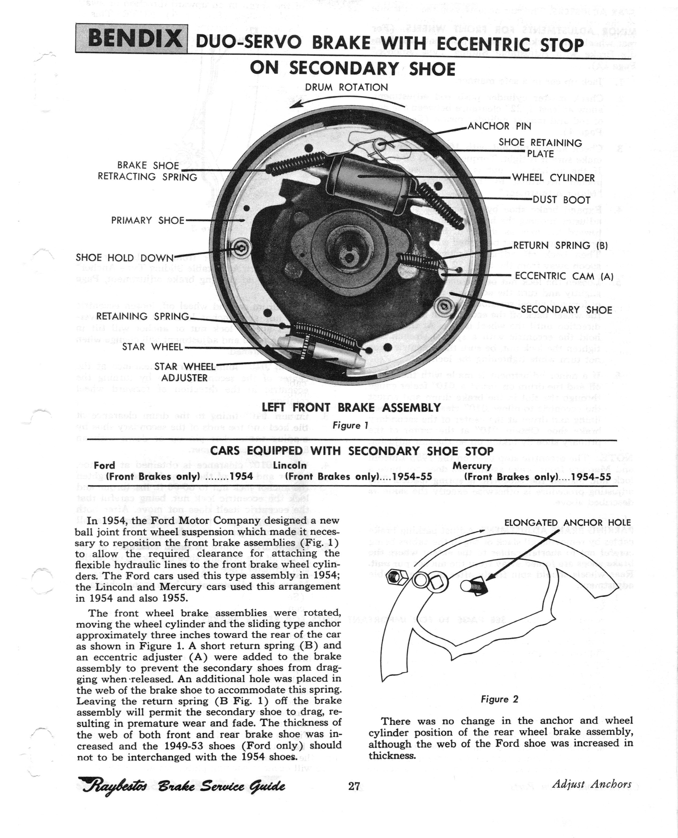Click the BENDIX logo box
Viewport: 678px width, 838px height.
pyautogui.click(x=131, y=38)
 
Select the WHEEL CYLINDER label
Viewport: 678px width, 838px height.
pyautogui.click(x=553, y=178)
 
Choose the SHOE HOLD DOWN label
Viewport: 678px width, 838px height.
pyautogui.click(x=124, y=258)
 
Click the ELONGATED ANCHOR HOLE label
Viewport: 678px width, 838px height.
pyautogui.click(x=567, y=523)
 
